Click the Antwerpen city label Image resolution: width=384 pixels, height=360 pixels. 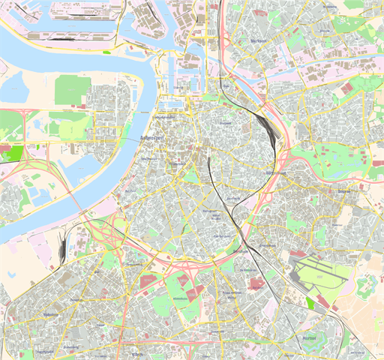(152, 139)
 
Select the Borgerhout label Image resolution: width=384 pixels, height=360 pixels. (277, 174)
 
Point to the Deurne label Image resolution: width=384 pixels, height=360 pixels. (344, 192)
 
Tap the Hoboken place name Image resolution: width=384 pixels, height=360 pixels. (51, 314)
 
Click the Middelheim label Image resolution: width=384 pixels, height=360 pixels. (180, 298)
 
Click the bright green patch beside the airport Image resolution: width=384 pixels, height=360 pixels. (310, 302)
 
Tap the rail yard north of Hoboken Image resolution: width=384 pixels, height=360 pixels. (59, 248)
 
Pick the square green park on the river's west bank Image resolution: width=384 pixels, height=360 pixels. (72, 91)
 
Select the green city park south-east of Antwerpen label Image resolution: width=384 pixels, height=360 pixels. (191, 175)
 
